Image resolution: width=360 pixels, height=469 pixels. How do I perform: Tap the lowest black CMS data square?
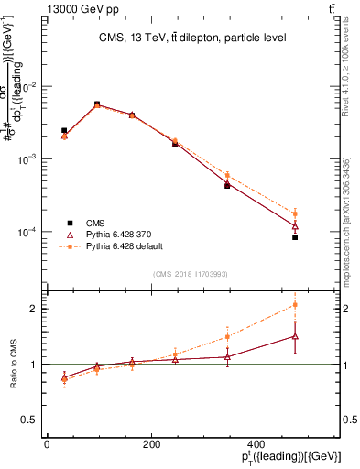(295, 237)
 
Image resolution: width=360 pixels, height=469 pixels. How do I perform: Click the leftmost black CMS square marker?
(64, 131)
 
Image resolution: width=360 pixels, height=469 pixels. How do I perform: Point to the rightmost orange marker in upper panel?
(295, 213)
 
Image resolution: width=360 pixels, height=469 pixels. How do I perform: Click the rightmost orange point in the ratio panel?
(295, 304)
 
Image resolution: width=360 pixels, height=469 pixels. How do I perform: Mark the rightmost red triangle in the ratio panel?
(295, 336)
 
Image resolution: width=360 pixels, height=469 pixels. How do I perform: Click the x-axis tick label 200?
(152, 444)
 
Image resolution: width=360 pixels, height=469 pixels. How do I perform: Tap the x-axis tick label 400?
(257, 444)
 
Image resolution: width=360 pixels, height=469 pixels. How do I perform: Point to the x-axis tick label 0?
(47, 444)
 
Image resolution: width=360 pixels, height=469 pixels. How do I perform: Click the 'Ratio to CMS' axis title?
(14, 364)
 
